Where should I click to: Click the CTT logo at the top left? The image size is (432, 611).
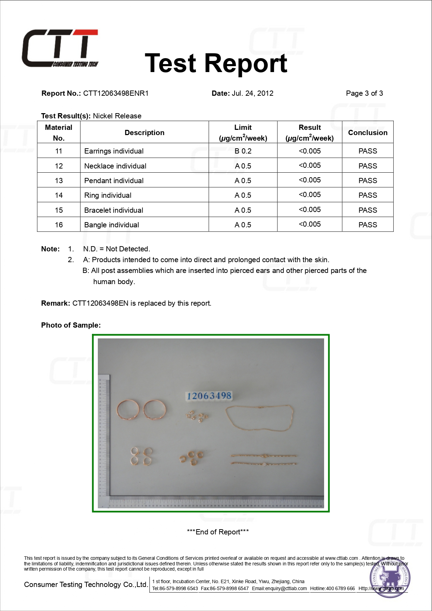point(60,48)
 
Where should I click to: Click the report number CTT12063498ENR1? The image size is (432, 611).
point(116,93)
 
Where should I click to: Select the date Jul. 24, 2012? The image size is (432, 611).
point(252,93)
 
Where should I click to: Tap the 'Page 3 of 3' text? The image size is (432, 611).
point(364,93)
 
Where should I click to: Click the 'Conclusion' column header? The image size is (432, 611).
point(368,133)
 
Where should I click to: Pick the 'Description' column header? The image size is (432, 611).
point(144,133)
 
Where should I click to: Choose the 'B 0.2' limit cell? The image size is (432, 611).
point(243,151)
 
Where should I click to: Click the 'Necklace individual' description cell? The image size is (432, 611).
point(115,166)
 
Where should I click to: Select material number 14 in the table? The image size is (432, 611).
point(59,195)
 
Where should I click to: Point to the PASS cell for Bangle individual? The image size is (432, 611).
point(368,225)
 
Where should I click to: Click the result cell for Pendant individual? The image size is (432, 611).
point(309,180)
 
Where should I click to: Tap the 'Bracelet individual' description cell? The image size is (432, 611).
point(114,210)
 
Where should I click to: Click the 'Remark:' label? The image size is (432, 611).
point(56,303)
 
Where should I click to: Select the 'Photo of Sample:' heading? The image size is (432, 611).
point(71,325)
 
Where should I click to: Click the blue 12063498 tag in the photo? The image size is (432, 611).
point(209,396)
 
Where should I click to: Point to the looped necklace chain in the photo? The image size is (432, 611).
point(259,418)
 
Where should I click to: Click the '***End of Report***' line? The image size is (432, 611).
point(218,532)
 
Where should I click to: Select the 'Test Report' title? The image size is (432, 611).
point(216,63)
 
